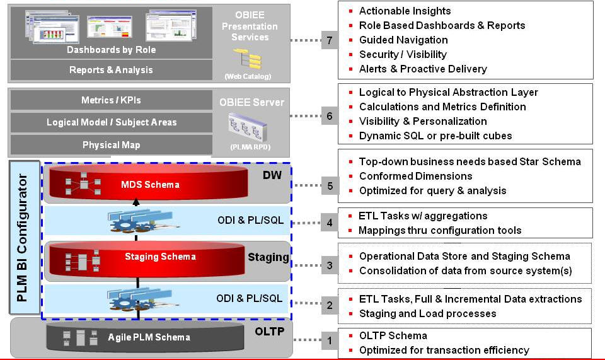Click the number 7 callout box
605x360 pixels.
click(329, 40)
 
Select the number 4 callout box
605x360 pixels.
click(329, 223)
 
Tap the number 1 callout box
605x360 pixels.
click(329, 341)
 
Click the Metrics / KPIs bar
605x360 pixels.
click(111, 100)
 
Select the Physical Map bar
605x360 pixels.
click(111, 144)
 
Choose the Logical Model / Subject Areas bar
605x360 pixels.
click(111, 122)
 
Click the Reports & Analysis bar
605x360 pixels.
click(111, 70)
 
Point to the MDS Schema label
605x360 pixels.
click(150, 185)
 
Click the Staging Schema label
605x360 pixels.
click(160, 257)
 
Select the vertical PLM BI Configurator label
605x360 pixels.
click(23, 239)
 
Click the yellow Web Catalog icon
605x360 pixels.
click(248, 61)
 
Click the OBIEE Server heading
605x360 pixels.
click(251, 102)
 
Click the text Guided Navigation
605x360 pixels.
click(403, 40)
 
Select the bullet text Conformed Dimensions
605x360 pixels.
click(415, 176)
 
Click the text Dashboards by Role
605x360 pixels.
click(111, 49)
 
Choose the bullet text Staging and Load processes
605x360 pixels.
click(427, 313)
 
